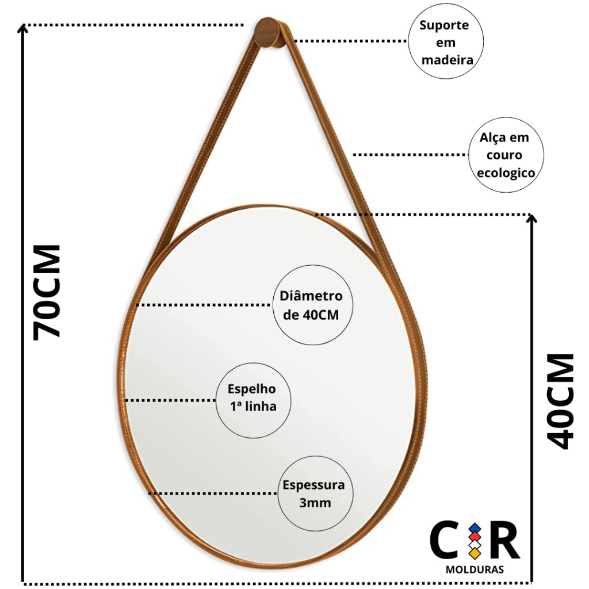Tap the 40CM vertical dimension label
pyautogui.click(x=560, y=401)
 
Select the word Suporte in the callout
pyautogui.click(x=444, y=25)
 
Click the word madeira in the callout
pyautogui.click(x=447, y=60)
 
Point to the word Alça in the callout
pyautogui.click(x=492, y=138)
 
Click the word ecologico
pyautogui.click(x=506, y=173)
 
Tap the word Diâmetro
pyautogui.click(x=311, y=296)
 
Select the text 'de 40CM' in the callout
pyautogui.click(x=311, y=315)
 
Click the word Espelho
pyautogui.click(x=252, y=389)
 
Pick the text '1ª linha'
pyautogui.click(x=254, y=407)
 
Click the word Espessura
pyautogui.click(x=313, y=485)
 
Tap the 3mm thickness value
pyautogui.click(x=315, y=503)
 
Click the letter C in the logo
pyautogui.click(x=444, y=540)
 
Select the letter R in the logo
pyautogui.click(x=505, y=540)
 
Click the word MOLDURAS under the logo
pyautogui.click(x=475, y=569)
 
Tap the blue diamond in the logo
pyautogui.click(x=475, y=529)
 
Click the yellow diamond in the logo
pyautogui.click(x=475, y=553)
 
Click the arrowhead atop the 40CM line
pyautogui.click(x=531, y=218)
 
